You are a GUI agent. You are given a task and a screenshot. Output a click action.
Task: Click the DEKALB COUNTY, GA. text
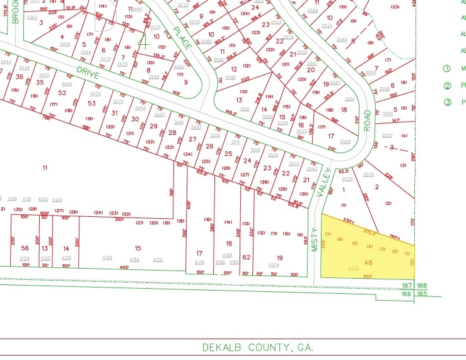pos(257,347)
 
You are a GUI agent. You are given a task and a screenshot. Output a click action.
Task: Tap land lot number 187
pos(407,286)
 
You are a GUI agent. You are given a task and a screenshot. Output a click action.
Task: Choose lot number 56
pos(25,248)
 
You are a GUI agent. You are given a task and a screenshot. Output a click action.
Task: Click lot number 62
pos(247,257)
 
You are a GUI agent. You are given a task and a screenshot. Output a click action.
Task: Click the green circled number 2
pos(448,86)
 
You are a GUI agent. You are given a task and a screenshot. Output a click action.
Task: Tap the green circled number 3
pos(448,102)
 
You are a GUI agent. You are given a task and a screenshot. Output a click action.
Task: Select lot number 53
pos(92,103)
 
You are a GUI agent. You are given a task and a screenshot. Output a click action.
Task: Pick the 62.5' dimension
pos(344,171)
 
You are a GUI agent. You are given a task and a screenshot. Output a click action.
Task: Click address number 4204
pos(274,265)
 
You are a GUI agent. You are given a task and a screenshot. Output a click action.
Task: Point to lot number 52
pos(61,93)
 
